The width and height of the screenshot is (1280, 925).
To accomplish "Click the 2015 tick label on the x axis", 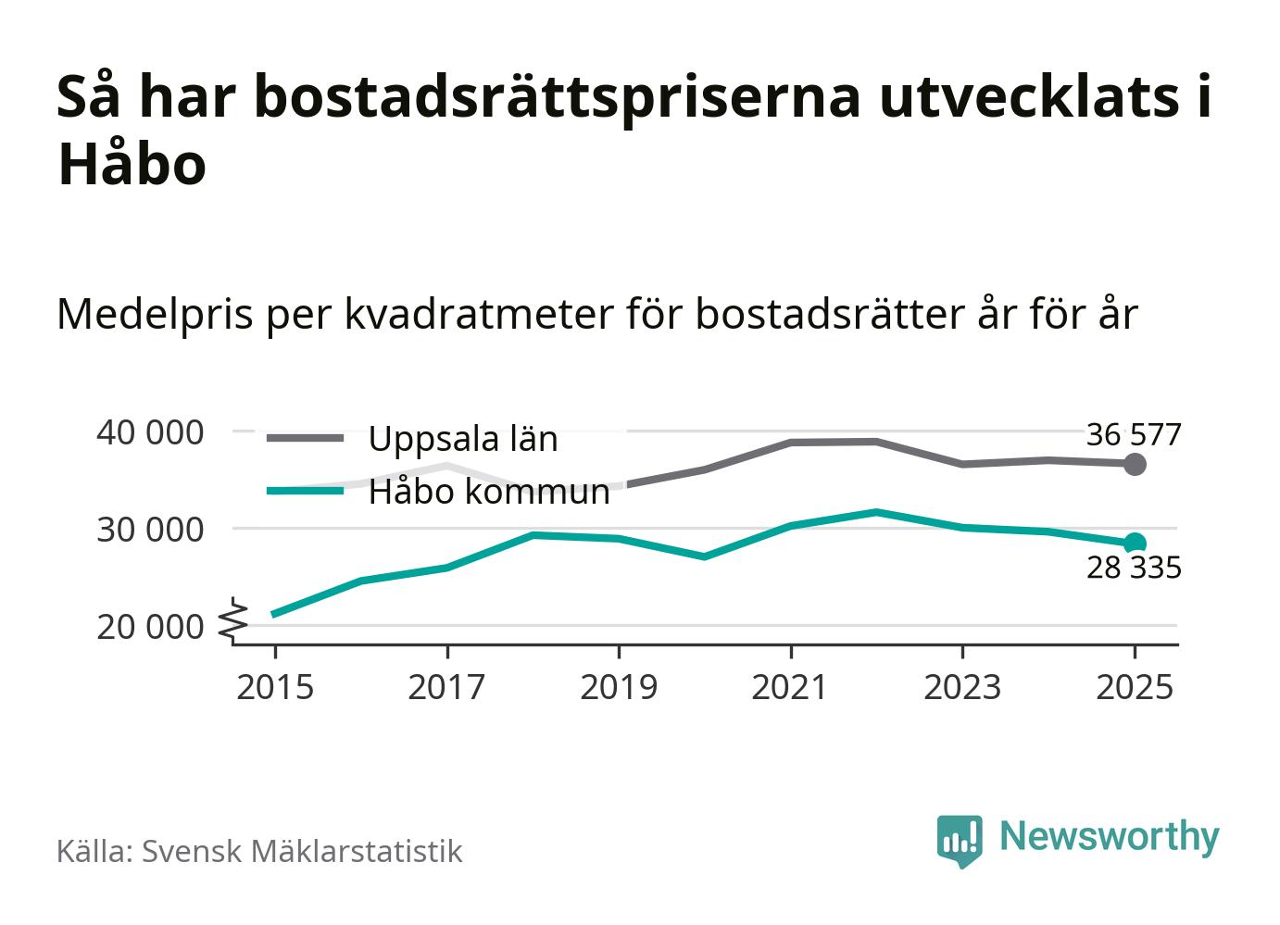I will (275, 687).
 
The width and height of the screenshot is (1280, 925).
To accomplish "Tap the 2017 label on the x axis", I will (446, 687).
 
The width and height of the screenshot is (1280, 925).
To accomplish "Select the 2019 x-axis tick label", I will (619, 687).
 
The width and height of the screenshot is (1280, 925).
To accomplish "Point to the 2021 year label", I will (790, 687).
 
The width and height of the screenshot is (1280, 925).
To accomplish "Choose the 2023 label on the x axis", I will (962, 687).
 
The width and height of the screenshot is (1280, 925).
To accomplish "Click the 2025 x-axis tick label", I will (1134, 687).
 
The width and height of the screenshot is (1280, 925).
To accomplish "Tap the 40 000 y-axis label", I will (150, 432).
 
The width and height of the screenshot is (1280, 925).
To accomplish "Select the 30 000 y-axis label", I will (150, 530).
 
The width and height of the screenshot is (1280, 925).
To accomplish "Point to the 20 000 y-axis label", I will (150, 627).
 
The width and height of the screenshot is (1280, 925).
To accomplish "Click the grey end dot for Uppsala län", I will (1135, 464).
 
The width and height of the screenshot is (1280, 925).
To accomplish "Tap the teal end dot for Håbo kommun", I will (1135, 544).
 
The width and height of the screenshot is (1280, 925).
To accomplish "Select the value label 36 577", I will (1134, 433).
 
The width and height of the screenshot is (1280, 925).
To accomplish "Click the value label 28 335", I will (1134, 568).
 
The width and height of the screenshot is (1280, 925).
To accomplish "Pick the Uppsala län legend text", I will (463, 438).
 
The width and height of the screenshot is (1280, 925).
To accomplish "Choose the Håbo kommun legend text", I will (489, 492).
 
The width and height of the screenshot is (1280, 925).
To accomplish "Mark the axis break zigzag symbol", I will (235, 620).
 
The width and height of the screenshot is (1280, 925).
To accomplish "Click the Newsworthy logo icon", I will (959, 840).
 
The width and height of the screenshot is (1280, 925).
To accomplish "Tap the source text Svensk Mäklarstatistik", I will (301, 851).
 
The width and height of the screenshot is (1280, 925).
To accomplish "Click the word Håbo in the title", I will (132, 165).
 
